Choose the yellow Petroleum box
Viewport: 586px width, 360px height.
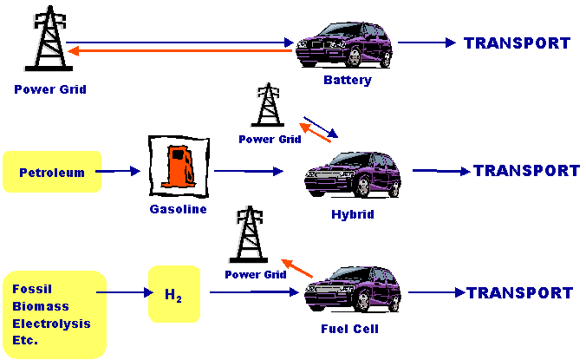tap(52, 172)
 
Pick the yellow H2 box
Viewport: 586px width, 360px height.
tap(173, 294)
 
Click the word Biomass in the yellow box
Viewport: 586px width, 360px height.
tap(41, 306)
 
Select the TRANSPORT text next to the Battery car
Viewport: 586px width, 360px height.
tap(518, 43)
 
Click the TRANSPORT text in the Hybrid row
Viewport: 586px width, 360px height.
tap(526, 171)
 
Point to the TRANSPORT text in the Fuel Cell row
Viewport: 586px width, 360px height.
tap(520, 293)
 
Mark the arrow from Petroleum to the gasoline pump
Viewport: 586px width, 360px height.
tap(116, 172)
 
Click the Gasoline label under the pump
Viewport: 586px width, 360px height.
tap(178, 209)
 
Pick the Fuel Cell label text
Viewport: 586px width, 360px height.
tap(349, 329)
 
